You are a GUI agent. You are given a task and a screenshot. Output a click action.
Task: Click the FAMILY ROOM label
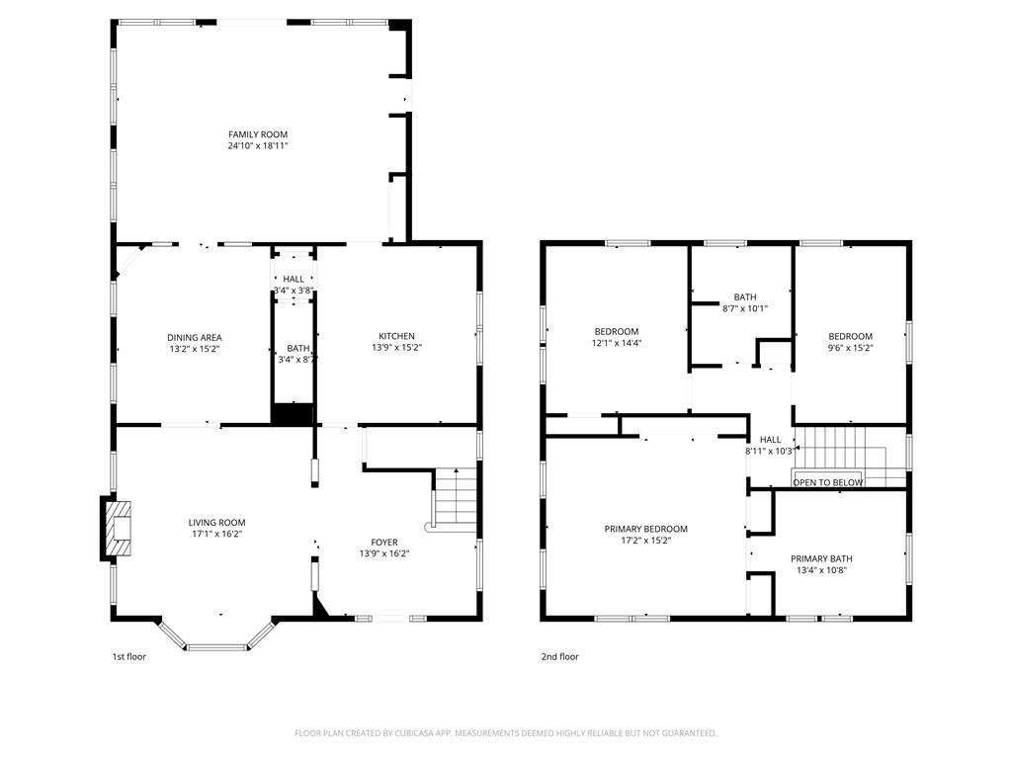(258, 134)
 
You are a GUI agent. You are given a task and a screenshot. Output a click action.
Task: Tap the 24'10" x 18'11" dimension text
(258, 146)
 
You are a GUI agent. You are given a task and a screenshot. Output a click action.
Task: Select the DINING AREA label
(195, 338)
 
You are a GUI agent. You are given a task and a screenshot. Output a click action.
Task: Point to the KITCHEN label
(396, 336)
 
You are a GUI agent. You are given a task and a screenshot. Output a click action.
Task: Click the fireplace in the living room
(117, 528)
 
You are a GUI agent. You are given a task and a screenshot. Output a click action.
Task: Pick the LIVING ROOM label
(216, 523)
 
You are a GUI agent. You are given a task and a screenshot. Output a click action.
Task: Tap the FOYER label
(384, 543)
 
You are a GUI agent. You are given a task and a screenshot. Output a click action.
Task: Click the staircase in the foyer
(455, 500)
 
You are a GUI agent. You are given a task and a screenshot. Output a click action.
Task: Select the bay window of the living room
(216, 635)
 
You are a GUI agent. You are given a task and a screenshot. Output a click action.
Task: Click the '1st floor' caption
(129, 656)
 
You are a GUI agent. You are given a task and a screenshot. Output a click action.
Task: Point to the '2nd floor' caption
(559, 656)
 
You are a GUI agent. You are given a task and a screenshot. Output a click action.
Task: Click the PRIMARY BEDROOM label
(645, 529)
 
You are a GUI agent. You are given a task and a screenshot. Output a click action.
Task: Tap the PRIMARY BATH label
(821, 559)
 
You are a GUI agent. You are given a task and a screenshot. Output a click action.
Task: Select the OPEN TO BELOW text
(827, 482)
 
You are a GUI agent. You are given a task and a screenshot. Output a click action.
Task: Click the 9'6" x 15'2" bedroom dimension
(850, 348)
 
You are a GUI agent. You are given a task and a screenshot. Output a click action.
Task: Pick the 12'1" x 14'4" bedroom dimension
(617, 343)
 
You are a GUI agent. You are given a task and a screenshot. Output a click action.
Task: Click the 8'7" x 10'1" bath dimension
(745, 308)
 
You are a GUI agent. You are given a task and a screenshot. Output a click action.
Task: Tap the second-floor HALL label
(770, 440)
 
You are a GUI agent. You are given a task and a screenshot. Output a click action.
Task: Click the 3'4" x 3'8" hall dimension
(294, 291)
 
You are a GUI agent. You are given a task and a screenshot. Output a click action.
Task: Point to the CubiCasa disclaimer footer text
(505, 733)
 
